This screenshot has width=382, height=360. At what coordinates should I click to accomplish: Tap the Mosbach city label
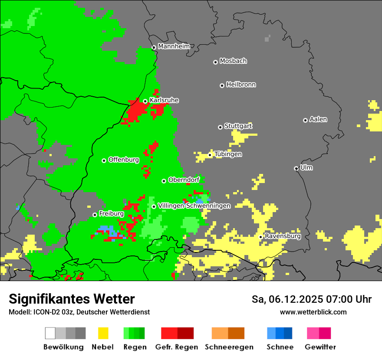233,61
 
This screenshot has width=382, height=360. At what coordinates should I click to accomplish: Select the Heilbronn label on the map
241,85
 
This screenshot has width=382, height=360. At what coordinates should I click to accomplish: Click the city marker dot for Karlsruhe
145,101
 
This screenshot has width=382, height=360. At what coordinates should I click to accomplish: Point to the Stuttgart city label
238,126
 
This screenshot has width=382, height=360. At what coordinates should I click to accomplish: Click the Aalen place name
318,119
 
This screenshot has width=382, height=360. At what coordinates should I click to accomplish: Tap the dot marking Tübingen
210,155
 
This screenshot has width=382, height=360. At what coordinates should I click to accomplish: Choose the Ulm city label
306,167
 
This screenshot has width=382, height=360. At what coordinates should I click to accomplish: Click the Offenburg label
124,160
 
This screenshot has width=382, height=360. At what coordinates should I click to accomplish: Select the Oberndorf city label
184,180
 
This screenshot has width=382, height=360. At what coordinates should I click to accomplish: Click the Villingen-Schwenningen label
194,206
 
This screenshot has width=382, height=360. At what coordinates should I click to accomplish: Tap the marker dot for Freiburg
95,215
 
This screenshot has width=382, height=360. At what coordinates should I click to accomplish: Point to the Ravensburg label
283,236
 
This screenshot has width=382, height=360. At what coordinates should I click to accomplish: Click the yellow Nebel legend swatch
103,333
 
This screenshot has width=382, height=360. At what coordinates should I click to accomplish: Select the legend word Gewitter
320,347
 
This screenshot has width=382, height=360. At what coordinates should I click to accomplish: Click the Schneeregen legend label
229,347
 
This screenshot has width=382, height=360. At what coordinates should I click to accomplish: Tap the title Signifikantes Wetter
72,299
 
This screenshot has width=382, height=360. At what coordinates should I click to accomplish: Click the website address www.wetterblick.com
313,312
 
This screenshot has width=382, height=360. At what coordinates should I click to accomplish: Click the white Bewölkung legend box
50,333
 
